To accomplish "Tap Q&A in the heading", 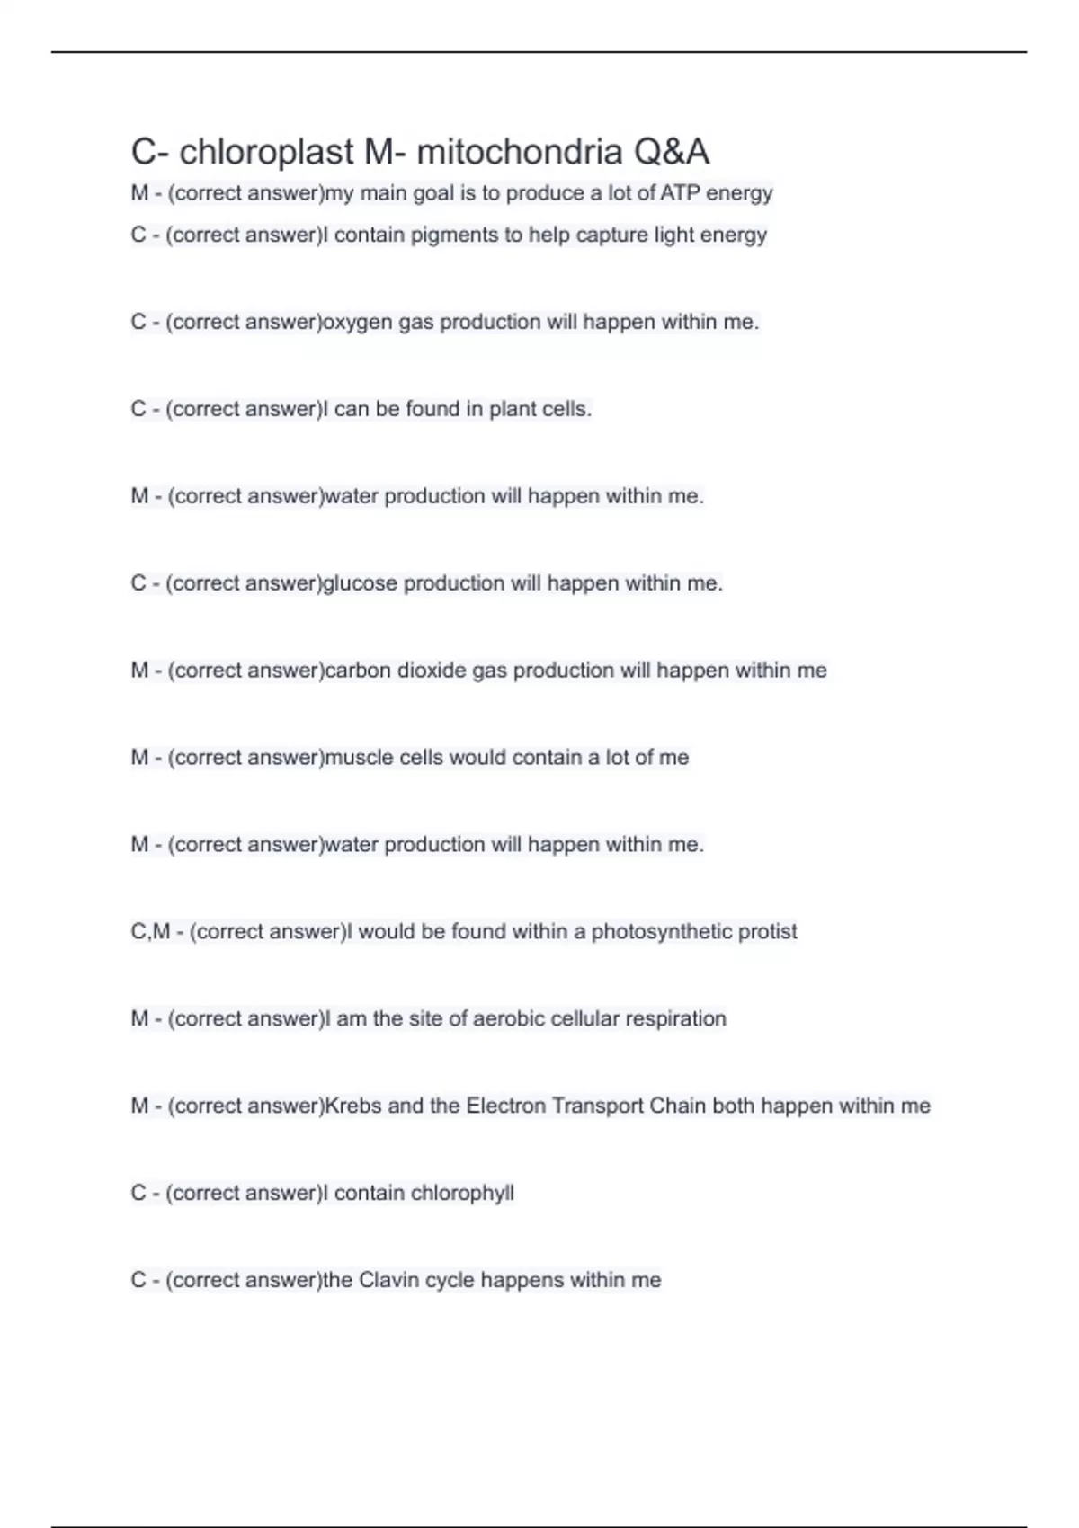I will [x=672, y=152].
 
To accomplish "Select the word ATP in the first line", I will [x=681, y=193].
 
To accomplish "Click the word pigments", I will [x=454, y=235].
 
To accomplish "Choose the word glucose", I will [x=360, y=583].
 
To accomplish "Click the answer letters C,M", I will [x=150, y=932].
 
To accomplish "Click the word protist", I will [x=767, y=932].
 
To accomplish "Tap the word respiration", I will [x=675, y=1019].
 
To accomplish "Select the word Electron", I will [x=504, y=1106].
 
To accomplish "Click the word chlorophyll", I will [x=462, y=1194].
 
